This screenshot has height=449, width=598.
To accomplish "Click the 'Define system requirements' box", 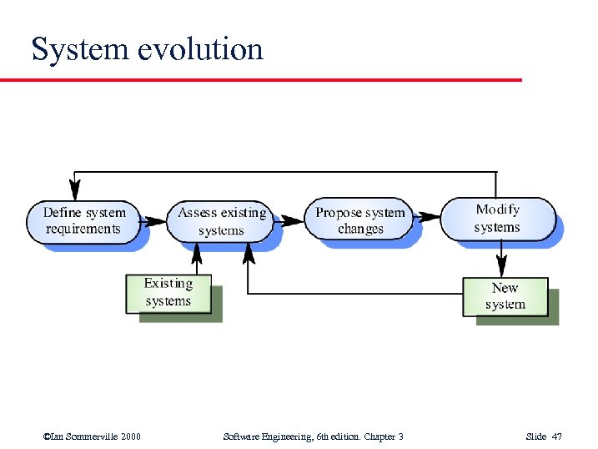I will click(83, 221).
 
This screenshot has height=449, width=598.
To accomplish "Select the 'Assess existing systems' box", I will click(221, 222).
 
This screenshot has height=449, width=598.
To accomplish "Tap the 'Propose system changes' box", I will click(360, 220).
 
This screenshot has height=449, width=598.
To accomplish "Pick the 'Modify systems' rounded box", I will click(497, 219).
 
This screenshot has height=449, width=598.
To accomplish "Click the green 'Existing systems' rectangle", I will click(168, 293).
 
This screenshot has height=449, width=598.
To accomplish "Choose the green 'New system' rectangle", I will click(505, 296).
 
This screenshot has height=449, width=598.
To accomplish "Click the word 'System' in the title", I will click(77, 50).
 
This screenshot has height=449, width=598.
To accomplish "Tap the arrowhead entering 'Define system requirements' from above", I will click(75, 187).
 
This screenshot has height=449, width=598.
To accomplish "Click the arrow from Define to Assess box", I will click(154, 222).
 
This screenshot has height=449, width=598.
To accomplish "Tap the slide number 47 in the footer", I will click(557, 436).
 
